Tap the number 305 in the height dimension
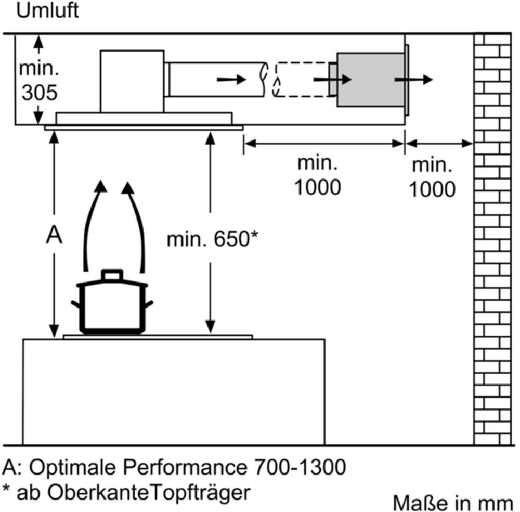coord(38,93)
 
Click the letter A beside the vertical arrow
coord(54,236)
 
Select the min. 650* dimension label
coord(212,239)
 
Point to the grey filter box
coord(370,80)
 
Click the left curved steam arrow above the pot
coord(93,224)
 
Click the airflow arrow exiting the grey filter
coord(414,80)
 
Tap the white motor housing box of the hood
coord(132,81)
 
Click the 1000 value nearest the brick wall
coord(431,189)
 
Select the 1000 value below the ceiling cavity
coord(317,186)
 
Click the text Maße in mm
coord(452,503)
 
